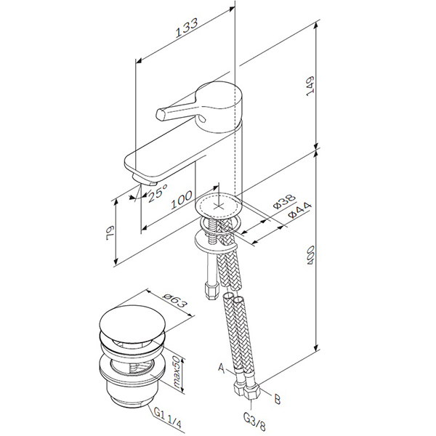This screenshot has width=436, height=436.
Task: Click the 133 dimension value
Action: pyautogui.click(x=186, y=28)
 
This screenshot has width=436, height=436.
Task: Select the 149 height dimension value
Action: pyautogui.click(x=310, y=86)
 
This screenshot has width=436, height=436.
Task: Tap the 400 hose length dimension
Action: pyautogui.click(x=310, y=255)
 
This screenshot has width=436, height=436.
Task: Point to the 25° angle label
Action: pyautogui.click(x=158, y=193)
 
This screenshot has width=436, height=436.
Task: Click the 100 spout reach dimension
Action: pyautogui.click(x=181, y=200)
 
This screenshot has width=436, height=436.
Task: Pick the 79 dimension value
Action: pyautogui.click(x=110, y=233)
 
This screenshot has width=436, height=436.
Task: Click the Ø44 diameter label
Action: pyautogui.click(x=299, y=210)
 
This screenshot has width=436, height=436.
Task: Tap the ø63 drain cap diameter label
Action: pyautogui.click(x=174, y=300)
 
